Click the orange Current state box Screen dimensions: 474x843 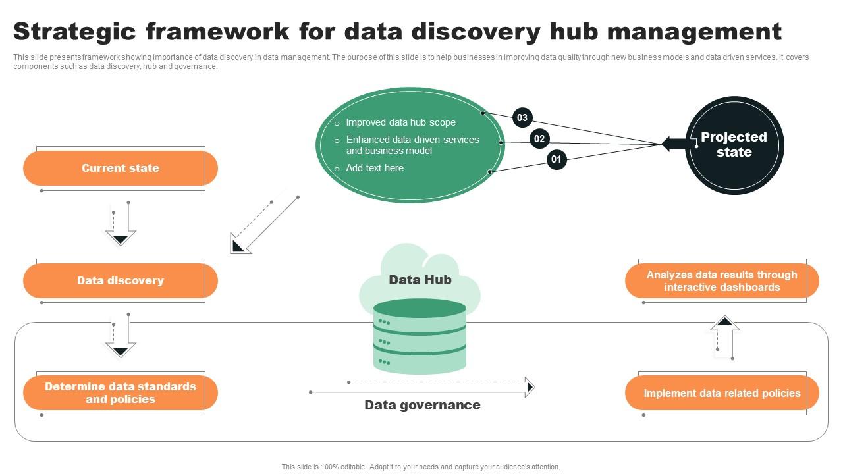[x=121, y=169]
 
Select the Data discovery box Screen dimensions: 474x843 [x=121, y=281]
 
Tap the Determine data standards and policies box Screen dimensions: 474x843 [x=121, y=393]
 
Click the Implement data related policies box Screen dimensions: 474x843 [x=722, y=394]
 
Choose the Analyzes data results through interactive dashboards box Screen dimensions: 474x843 [x=722, y=281]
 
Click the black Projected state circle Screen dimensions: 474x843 [x=734, y=145]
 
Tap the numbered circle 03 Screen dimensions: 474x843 [x=522, y=118]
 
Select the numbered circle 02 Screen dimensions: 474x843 [x=539, y=138]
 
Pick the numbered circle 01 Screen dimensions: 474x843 [x=557, y=159]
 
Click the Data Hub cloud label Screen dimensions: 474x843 [x=420, y=280]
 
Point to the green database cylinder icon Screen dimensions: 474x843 [x=420, y=336]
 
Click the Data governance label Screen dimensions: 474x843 [x=422, y=406]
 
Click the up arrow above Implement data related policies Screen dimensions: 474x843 [x=725, y=337]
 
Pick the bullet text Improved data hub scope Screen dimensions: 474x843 [x=400, y=122]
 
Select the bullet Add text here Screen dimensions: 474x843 [x=375, y=168]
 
